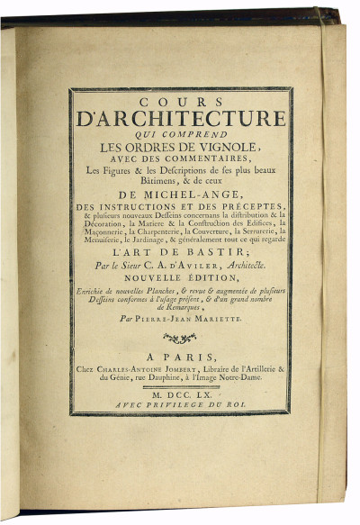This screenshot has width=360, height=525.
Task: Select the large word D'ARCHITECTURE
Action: (x=181, y=119)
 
